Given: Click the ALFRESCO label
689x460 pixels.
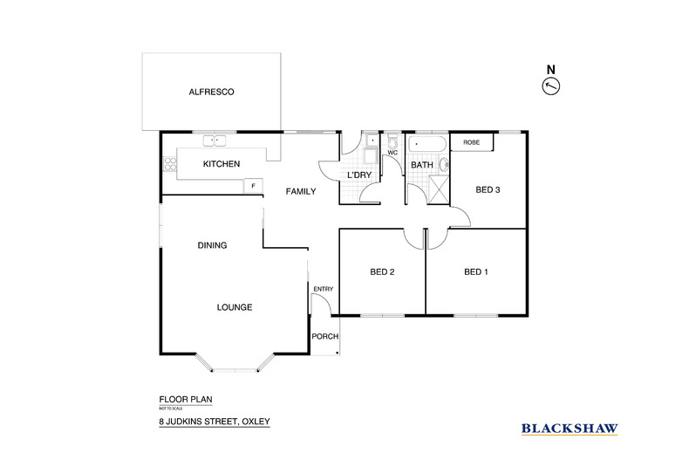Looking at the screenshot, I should [212, 92].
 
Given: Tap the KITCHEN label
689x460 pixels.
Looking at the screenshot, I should [221, 164].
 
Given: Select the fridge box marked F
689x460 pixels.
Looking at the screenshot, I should [254, 185].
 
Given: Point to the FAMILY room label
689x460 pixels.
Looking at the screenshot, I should [299, 192].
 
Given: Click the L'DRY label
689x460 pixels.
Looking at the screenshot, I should [360, 176].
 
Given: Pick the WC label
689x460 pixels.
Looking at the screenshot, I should [392, 153].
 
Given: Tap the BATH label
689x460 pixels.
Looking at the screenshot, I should [422, 165].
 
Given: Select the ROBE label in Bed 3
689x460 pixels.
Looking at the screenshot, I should [471, 142].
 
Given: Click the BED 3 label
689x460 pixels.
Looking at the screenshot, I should [488, 189].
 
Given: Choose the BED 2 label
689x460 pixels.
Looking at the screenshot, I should [382, 272].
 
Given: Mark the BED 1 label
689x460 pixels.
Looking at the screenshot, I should [475, 272].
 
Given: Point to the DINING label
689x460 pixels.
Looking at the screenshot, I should [212, 245].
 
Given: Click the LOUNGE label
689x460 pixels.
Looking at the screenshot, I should [235, 307].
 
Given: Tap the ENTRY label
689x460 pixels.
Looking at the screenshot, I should [323, 289].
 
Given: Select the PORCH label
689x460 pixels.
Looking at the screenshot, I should [325, 337].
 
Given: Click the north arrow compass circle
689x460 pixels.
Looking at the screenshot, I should [550, 86].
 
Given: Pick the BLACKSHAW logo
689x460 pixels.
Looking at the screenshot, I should [569, 428].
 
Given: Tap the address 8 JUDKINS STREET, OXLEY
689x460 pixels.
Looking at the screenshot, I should [208, 422].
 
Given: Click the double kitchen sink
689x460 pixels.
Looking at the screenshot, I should [215, 141].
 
